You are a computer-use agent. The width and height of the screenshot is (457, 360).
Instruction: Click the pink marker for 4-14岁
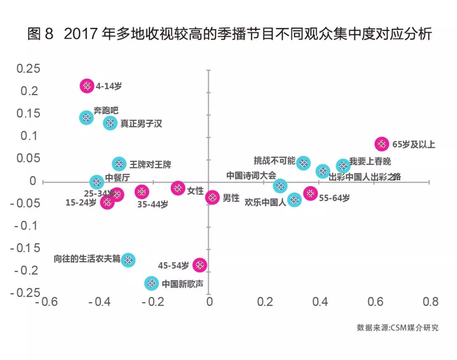coord(87,86)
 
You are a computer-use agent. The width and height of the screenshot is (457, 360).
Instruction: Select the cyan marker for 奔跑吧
coord(86,117)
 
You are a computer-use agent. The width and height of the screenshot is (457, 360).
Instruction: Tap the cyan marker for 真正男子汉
coord(110,123)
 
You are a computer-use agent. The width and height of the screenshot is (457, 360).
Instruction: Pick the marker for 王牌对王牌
coord(119,164)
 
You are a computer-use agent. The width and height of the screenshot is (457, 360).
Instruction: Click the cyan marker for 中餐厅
coord(97,182)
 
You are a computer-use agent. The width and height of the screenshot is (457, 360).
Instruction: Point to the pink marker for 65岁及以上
coord(382,144)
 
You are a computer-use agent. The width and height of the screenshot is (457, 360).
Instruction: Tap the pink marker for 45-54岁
coord(199,265)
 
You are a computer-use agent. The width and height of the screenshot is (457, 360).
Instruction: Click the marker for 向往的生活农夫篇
coord(128,260)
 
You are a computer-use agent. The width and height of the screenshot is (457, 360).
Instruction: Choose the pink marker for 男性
coord(212,197)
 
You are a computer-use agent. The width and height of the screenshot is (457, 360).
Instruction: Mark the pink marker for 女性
coord(178,188)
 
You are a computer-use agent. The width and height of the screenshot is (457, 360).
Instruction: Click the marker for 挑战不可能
coord(303,163)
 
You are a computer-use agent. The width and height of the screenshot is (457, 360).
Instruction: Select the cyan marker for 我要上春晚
coord(343,165)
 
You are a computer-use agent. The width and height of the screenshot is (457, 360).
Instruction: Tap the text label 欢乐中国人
coord(265,202)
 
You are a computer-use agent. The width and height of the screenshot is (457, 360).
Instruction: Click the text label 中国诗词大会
coord(251,175)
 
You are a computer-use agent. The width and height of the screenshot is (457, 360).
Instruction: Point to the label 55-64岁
coord(334,198)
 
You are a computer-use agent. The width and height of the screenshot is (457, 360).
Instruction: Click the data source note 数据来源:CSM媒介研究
coord(397,327)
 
